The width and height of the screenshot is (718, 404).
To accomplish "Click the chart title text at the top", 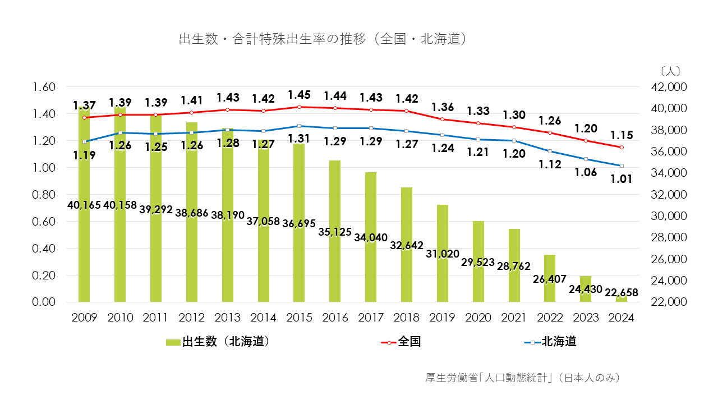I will [323, 39].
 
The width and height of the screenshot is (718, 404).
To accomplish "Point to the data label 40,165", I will [85, 205].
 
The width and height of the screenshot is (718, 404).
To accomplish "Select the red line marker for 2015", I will [299, 107].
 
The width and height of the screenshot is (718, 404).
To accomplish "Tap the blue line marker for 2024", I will [622, 166].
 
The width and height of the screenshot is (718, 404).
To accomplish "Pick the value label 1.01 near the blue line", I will [622, 179].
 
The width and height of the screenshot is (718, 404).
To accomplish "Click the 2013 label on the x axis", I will [227, 318].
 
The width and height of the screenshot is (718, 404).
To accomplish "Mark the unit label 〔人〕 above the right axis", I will [670, 71].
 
